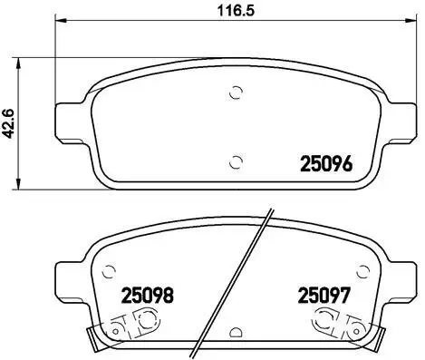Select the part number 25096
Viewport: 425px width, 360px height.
[x=325, y=165]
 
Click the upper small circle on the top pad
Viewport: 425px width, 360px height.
[x=236, y=91]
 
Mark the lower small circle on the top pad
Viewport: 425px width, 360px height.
[x=236, y=162]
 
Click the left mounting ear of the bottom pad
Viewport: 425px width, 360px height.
[x=70, y=277]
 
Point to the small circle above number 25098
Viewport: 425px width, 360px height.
[x=110, y=270]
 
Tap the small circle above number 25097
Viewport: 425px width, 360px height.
[x=362, y=270]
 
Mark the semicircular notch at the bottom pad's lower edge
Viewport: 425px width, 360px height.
[x=236, y=335]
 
